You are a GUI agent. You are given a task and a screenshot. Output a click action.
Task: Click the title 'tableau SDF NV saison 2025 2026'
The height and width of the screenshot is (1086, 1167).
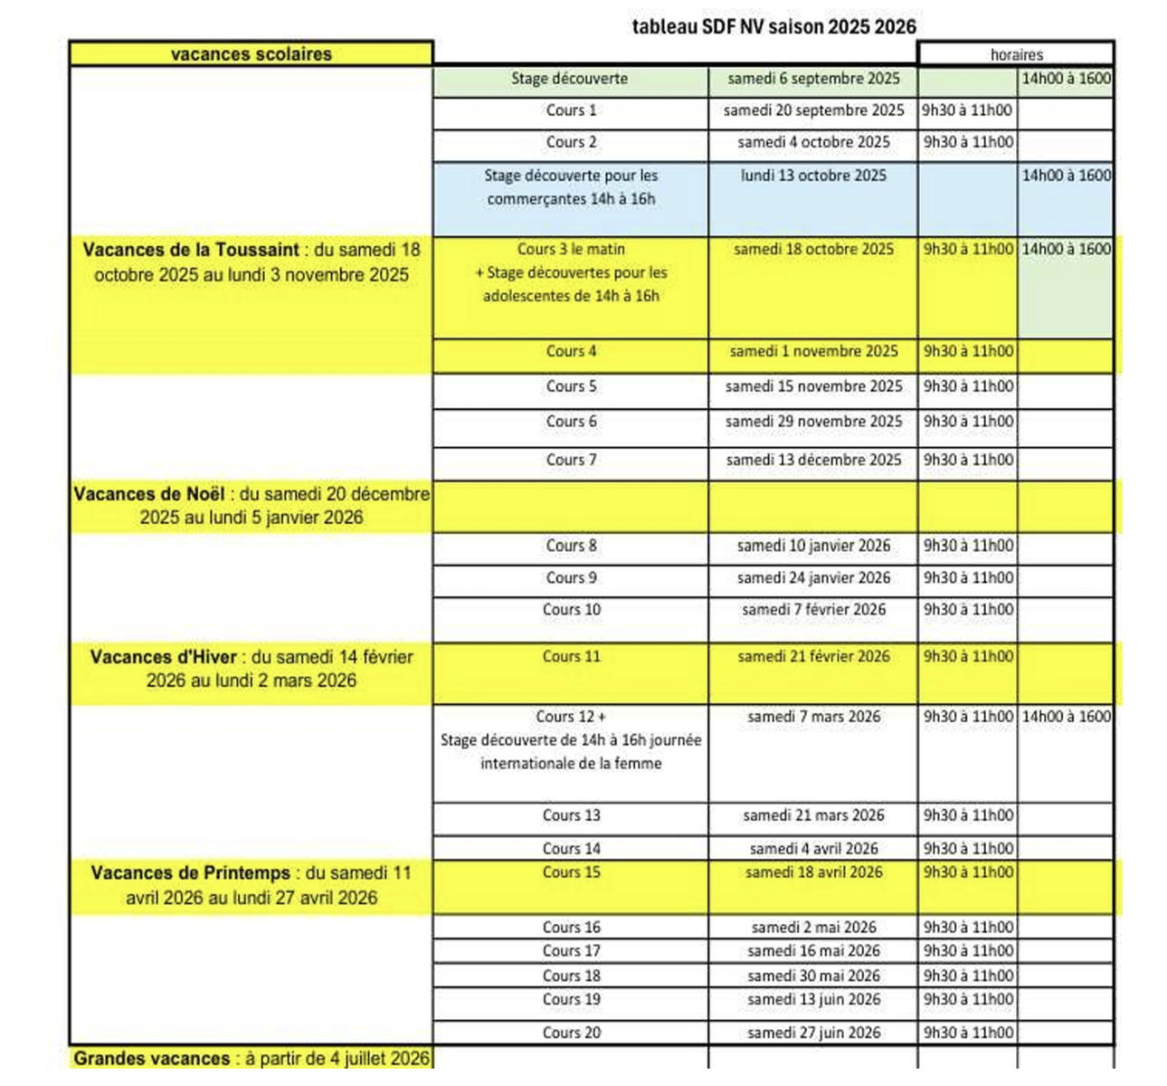pos(773,26)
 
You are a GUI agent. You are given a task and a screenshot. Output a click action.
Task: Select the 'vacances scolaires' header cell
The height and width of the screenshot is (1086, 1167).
pos(251,54)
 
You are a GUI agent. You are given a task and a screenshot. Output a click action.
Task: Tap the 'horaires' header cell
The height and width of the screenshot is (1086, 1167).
pos(1016,54)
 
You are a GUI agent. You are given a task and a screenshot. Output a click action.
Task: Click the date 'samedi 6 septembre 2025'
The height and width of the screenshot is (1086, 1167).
pos(813,80)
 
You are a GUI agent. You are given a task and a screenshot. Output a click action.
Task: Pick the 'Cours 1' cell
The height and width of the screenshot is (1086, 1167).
pos(571,110)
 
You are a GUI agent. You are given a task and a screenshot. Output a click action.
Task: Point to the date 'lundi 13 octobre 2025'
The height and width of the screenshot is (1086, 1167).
pos(813,176)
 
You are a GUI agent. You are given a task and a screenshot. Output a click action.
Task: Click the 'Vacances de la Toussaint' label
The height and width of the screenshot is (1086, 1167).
pos(191,250)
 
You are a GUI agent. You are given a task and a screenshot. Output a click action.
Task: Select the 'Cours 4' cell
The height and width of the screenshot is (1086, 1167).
pos(571,351)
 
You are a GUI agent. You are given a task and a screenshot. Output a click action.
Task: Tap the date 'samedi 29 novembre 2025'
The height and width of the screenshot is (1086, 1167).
pos(813,422)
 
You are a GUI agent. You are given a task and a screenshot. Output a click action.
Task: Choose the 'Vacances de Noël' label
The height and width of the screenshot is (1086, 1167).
pos(150,494)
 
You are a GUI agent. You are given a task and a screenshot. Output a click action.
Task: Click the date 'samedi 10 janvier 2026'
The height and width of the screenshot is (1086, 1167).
pos(813,546)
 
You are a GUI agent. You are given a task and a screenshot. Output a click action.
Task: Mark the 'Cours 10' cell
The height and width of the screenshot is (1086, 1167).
pos(571,610)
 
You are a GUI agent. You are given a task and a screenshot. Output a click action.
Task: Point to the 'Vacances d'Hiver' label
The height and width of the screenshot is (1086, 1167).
pos(164,657)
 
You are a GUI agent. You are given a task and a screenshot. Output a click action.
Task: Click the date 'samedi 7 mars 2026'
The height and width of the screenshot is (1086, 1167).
pos(813,717)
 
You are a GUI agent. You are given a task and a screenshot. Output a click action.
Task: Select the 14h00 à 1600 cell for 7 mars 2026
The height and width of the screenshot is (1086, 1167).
pos(1066,717)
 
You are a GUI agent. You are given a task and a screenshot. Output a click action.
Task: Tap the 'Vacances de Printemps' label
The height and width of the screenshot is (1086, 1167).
pos(191,873)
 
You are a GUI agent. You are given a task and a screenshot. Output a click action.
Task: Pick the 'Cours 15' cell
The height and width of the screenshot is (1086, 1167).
pos(571,872)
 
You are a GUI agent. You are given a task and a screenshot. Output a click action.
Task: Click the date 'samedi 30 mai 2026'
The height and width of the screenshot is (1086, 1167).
pos(813,976)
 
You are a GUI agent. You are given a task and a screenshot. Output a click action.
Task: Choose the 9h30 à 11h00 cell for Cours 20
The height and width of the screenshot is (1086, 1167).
pos(968,1033)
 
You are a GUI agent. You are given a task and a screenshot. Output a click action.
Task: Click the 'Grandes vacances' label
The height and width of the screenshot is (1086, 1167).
pos(152,1058)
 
